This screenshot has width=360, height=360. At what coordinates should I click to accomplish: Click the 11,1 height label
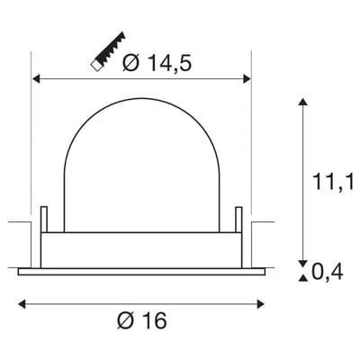pos(333,184)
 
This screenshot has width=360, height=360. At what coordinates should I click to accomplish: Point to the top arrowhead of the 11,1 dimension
pos(303,103)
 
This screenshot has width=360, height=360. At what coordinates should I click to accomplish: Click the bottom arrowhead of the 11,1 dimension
pos(303,259)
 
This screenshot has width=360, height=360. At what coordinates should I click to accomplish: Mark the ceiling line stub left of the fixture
pos(20,222)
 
